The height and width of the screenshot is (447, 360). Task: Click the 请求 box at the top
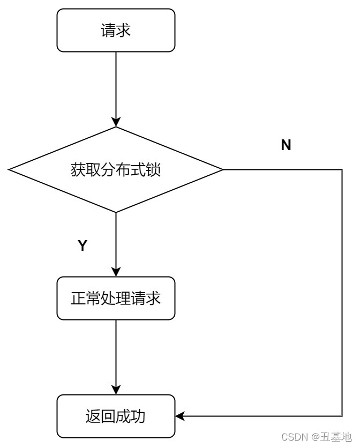(116, 31)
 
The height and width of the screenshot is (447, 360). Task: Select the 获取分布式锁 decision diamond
(116, 170)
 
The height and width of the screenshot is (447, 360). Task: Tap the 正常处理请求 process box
(116, 298)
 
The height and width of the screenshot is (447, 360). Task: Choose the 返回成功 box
(116, 416)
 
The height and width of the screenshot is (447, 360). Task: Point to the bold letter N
(286, 145)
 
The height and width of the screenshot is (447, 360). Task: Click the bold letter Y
(82, 246)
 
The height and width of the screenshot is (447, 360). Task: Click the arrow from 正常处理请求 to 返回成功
(116, 356)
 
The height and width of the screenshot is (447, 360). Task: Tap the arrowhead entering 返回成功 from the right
(180, 416)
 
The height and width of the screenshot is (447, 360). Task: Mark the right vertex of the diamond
(223, 170)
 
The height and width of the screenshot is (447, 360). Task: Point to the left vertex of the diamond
(9, 170)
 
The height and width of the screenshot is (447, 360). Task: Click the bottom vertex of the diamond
(116, 212)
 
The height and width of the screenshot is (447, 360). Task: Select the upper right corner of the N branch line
(342, 170)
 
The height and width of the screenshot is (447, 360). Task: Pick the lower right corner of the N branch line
(342, 416)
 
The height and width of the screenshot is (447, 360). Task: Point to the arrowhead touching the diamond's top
(116, 123)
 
